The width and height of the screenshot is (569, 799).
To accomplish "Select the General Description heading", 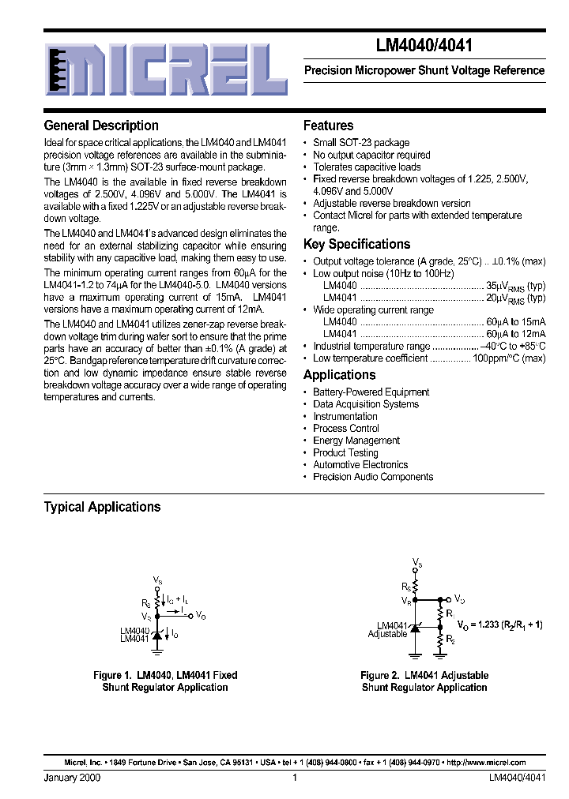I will [x=101, y=126].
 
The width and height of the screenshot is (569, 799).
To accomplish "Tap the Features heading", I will [x=328, y=126].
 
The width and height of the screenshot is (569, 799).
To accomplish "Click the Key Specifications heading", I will [x=356, y=244].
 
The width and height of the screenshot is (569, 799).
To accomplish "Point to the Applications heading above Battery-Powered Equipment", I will [x=339, y=375].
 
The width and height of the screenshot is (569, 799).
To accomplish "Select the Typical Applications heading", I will [x=102, y=507].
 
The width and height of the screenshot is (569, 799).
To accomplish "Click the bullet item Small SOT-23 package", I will [x=360, y=143].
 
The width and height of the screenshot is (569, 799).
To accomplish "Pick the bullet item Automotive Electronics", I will [x=360, y=465].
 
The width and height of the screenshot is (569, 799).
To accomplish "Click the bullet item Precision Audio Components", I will [x=372, y=477].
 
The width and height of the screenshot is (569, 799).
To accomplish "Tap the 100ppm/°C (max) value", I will [x=509, y=358].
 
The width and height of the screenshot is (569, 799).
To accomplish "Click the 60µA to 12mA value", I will [x=516, y=334].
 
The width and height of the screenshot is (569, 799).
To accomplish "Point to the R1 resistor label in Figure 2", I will [x=450, y=613].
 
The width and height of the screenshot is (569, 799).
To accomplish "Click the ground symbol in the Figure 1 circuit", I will [x=157, y=651].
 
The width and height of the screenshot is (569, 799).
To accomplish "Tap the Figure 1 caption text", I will [x=165, y=681].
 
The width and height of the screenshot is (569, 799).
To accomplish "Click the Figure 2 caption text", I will [x=424, y=681].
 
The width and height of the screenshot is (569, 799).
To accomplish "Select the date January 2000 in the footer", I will [x=72, y=778].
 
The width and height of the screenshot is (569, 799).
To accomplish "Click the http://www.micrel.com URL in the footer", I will [x=486, y=763].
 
